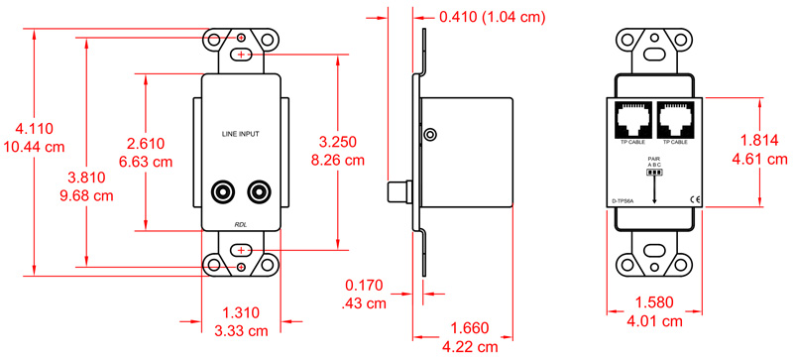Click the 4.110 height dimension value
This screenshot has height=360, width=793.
[34, 128]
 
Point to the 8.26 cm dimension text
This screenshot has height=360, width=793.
[338, 159]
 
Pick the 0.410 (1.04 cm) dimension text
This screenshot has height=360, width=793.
[492, 18]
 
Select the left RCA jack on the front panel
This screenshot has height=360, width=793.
[221, 189]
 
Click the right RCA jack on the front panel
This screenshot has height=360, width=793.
[261, 189]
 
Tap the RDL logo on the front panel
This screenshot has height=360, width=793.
[241, 225]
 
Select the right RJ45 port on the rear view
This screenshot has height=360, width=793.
[676, 123]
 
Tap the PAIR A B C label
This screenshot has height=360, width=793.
[654, 161]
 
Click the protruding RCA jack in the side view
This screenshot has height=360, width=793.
[398, 188]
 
